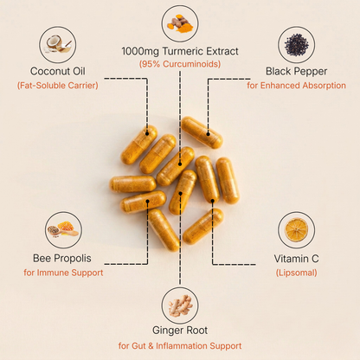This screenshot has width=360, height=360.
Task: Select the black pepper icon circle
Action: coord(296,44)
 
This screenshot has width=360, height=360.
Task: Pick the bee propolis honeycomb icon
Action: coord(62,230)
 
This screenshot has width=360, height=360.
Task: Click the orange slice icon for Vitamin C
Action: coord(296,230)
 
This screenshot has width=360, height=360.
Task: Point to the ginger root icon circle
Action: coord(180,305)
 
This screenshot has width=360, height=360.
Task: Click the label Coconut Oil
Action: coord(58,71)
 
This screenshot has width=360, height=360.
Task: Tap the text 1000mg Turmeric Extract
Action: coord(180,49)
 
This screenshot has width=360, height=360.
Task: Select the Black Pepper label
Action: coord(296,71)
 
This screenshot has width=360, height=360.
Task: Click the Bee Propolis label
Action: coord(62,258)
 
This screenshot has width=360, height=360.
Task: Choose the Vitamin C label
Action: coord(296,258)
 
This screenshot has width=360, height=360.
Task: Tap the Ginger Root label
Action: coord(180,330)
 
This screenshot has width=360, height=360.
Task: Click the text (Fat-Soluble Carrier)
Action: coord(58,86)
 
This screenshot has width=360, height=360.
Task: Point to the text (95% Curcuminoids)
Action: coord(180,64)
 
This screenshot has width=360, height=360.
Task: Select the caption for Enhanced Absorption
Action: coord(296,86)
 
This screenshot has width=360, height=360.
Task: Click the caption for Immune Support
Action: coord(62,273)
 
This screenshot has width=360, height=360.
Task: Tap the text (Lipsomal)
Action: coord(296,273)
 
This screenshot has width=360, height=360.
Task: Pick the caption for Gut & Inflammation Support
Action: coord(180,346)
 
